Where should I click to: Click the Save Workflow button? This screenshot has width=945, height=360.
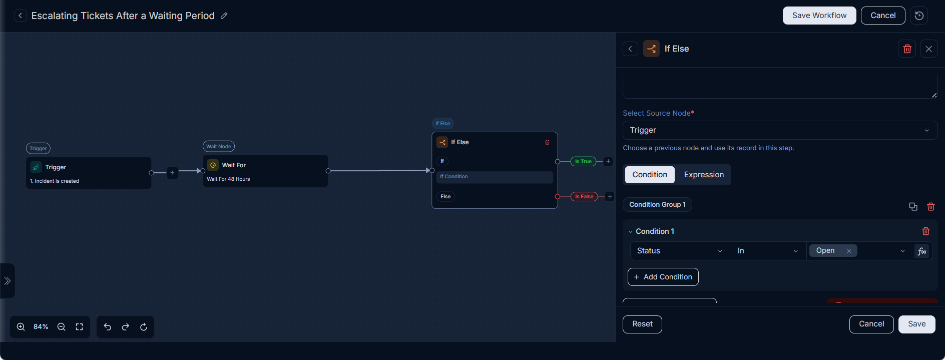coord(819,16)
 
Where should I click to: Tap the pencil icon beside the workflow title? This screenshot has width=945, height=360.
coord(224,16)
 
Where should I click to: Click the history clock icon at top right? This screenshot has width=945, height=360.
coord(919,16)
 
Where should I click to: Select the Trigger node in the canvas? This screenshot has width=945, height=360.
coord(89,173)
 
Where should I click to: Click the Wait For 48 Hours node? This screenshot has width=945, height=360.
coord(265,171)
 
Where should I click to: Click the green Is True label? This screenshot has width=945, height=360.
coord(583,162)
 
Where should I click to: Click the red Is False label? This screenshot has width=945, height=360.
coord(584,197)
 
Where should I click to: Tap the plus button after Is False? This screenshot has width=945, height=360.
coord(610,197)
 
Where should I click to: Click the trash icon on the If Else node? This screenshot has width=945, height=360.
coord(547,142)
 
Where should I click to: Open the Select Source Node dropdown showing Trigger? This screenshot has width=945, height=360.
coord(780,130)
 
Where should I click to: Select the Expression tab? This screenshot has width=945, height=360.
coord(704,175)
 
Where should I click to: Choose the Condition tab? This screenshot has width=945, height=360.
coord(650,175)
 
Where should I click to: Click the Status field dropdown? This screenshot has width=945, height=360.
coord(680,251)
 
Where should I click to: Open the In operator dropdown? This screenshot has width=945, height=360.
coord(768,251)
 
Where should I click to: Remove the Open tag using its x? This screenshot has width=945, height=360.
coord(849,251)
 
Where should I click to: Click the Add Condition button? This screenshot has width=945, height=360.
coord(663,277)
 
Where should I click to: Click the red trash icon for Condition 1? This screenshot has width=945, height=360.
coord(926,231)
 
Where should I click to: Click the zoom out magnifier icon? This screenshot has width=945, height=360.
coord(62,327)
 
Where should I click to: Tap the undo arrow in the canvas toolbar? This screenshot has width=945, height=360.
coord(108,327)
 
